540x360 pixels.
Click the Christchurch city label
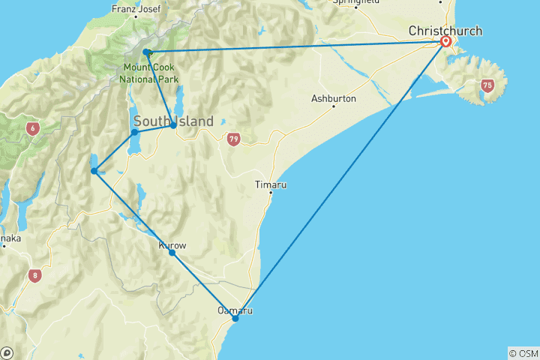[x=445, y=31]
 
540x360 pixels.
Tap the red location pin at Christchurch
[x=446, y=42]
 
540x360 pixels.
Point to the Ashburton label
[x=334, y=99]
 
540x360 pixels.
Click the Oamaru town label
[x=234, y=310]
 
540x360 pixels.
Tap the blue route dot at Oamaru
[x=235, y=319]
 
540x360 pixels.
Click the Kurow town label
[x=172, y=245]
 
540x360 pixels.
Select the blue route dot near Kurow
[x=172, y=253]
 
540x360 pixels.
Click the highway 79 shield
[x=234, y=139]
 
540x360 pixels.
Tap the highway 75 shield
[x=487, y=85]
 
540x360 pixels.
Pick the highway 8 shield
[x=35, y=275]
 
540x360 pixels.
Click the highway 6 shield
[x=33, y=129]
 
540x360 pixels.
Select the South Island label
[x=173, y=121]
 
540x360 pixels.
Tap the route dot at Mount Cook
[x=147, y=52]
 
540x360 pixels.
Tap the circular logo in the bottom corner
[x=7, y=352]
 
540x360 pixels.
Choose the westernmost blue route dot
[x=94, y=171]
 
